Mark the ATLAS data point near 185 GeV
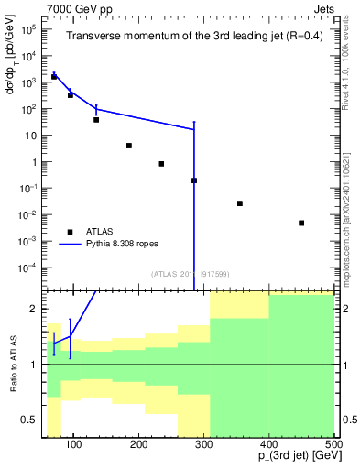coord(129,146)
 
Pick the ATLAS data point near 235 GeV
coord(161,164)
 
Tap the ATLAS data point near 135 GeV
coord(96,119)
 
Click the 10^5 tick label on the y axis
coord(27,29)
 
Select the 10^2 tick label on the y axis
coord(27,109)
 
